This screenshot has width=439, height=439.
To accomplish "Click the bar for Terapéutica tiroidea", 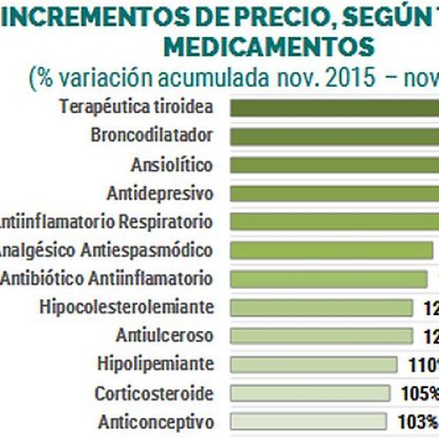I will (334, 108).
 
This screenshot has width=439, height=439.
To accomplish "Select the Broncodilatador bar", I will (334, 137).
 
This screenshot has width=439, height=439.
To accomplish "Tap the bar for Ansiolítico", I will (334, 165).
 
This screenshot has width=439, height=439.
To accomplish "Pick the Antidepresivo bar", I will (334, 193).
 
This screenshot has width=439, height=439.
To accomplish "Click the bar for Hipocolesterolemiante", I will (321, 307).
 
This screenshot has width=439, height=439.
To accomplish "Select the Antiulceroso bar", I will (321, 335).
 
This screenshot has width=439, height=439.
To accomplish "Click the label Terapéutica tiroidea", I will (137, 107).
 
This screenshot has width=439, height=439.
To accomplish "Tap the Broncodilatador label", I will (152, 136).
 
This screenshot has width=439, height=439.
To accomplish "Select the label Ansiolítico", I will (172, 165).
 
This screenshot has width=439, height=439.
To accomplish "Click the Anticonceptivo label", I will (156, 421).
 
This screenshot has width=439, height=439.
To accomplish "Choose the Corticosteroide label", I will (155, 392).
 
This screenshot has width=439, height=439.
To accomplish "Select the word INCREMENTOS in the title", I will (84, 15).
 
